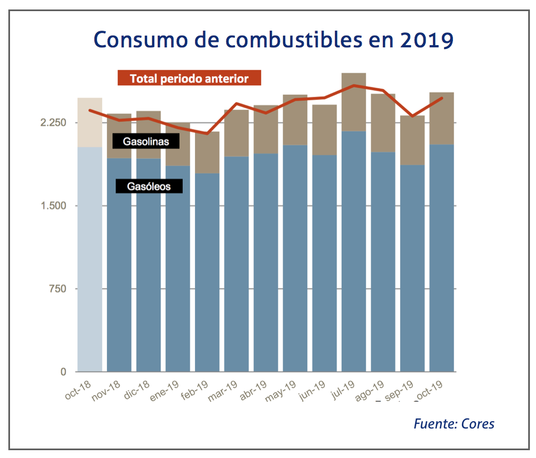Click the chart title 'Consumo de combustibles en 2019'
coord(273,40)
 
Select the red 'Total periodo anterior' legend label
coord(189,79)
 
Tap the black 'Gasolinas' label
coord(145,142)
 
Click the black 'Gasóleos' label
coord(149,186)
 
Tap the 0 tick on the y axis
coord(62,372)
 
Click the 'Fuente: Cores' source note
coord(454,423)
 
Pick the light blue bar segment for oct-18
coord(90,259)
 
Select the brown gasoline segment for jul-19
coord(354,102)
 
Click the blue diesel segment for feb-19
coord(207,273)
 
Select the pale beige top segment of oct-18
coord(90,123)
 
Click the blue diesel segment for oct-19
coord(442,258)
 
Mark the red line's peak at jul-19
coord(354,85)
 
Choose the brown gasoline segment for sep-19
coord(412,140)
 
